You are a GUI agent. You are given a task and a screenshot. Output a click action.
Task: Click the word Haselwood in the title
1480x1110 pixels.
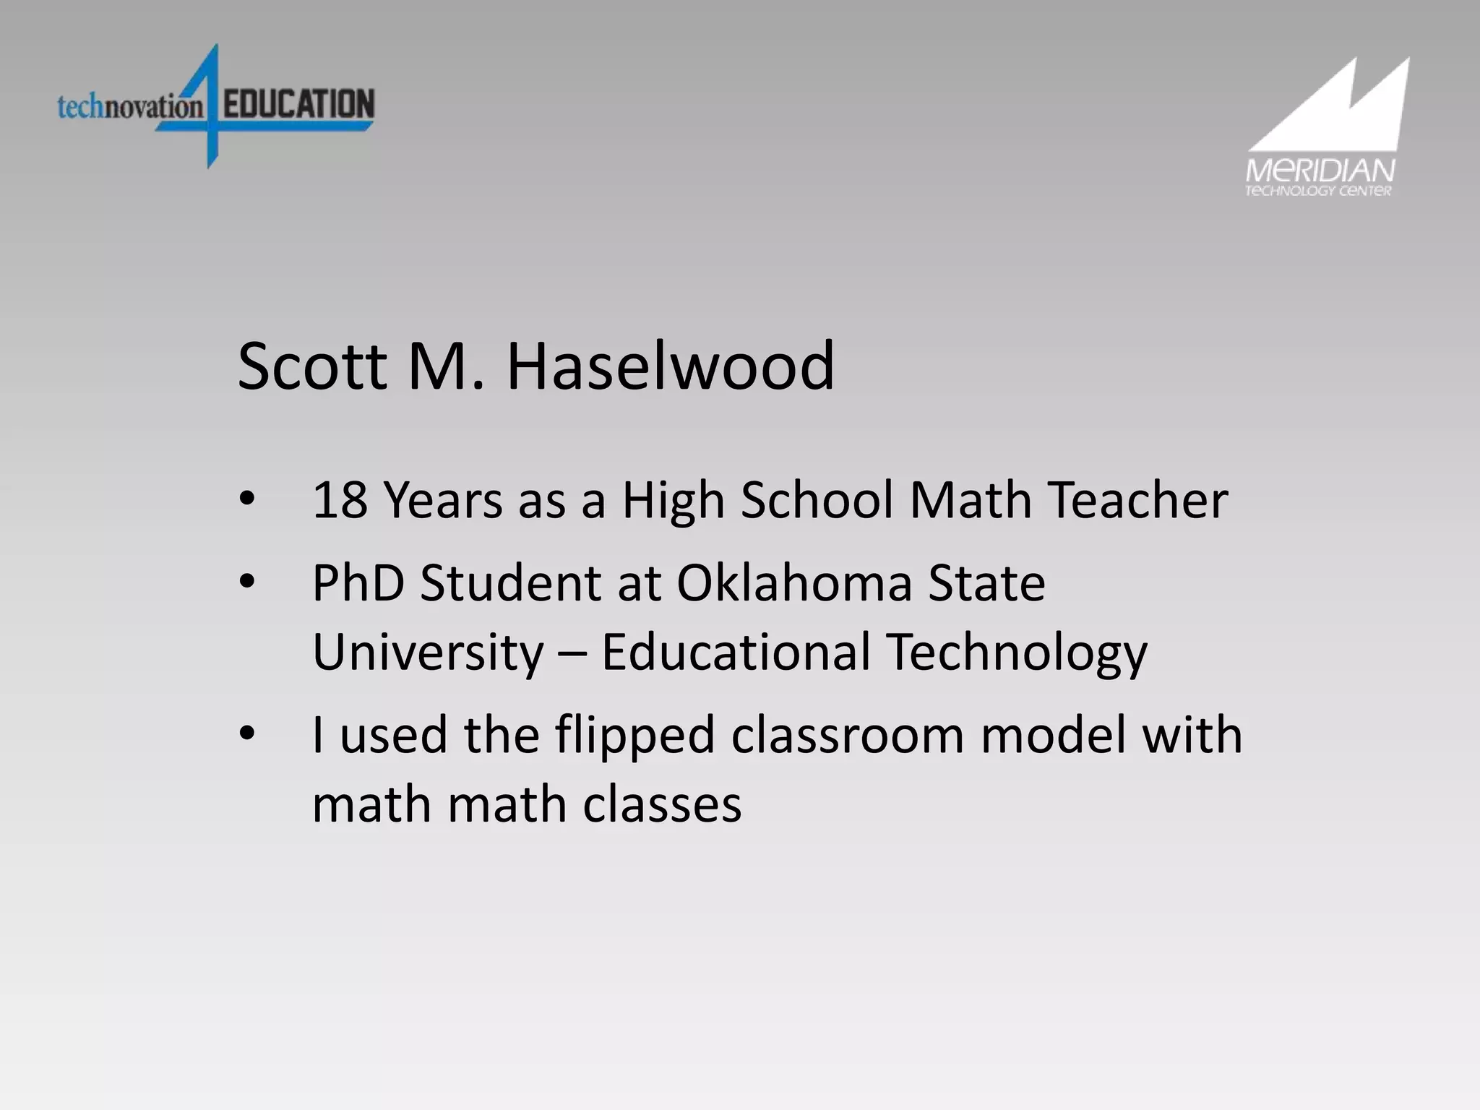coord(670,367)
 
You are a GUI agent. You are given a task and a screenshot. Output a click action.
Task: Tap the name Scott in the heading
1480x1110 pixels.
coord(313,367)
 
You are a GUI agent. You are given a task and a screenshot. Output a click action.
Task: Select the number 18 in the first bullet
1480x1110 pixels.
coord(339,500)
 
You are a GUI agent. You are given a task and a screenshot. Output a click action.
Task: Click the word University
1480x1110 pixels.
coord(428,652)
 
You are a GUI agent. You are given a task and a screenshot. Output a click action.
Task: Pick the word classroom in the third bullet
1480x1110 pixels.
coord(847,736)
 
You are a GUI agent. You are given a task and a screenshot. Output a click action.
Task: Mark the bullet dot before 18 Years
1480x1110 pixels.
coord(247,499)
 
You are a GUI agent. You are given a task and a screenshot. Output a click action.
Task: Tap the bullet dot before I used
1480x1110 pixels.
coord(247,733)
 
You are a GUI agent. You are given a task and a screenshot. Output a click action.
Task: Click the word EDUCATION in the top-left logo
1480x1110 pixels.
coord(298,104)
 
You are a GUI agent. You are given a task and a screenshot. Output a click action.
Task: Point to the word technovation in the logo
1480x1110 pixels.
coord(130,108)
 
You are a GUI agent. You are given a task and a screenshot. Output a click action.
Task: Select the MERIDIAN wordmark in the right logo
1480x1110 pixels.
coord(1320,172)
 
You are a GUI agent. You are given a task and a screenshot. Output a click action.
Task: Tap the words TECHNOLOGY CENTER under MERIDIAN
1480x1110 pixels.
coord(1318,192)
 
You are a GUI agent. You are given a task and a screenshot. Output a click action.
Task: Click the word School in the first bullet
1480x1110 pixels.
coord(817,500)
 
